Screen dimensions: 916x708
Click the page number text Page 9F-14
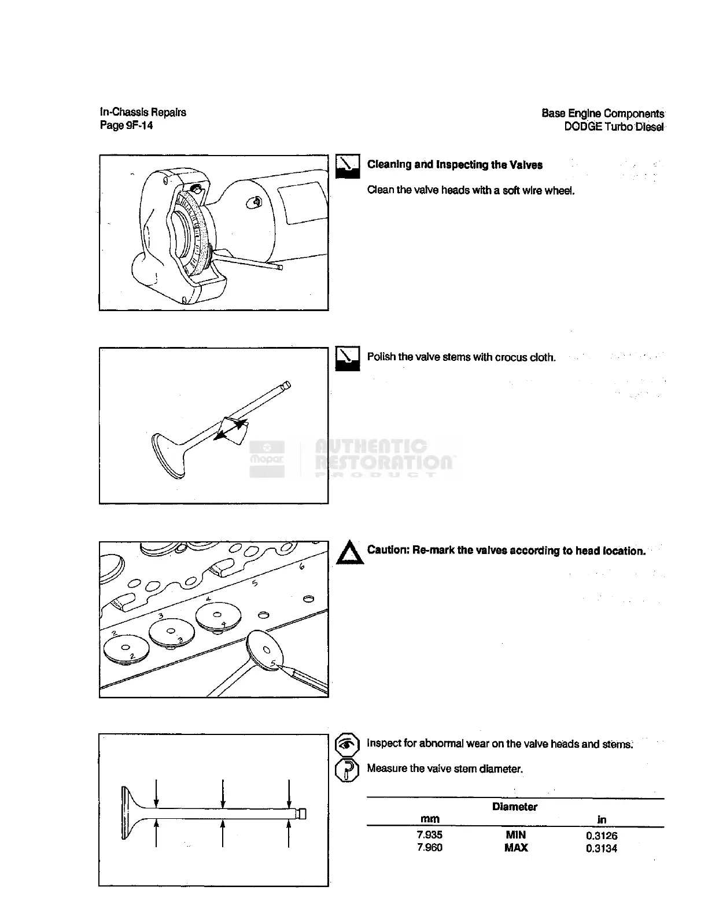[126, 125]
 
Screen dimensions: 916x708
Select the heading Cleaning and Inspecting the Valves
[455, 165]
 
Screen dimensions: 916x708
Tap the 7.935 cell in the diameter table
[429, 834]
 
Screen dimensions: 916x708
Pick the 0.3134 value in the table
[601, 848]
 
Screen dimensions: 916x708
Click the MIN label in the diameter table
[515, 834]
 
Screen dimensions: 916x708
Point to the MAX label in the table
[515, 848]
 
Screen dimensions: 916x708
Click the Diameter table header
[514, 807]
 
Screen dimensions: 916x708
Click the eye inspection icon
[347, 744]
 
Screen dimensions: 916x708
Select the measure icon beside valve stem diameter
[347, 770]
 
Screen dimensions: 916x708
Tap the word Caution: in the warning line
[388, 550]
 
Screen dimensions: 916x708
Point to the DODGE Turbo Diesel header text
[614, 127]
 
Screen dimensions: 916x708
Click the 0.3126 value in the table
[601, 835]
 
